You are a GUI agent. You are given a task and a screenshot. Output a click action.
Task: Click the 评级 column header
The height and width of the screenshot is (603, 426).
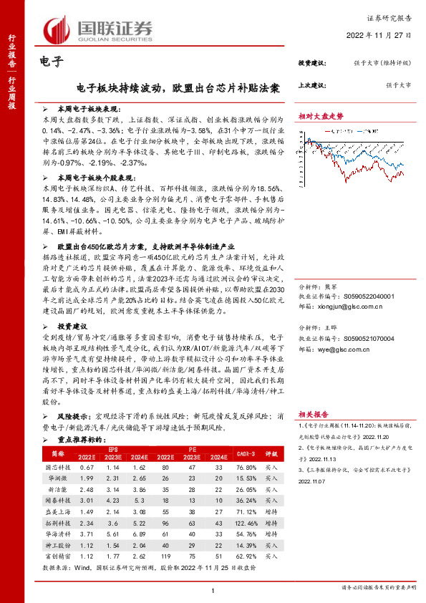coord(271,453)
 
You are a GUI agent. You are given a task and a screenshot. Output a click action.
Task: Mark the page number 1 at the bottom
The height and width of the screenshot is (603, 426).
coord(213,589)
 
